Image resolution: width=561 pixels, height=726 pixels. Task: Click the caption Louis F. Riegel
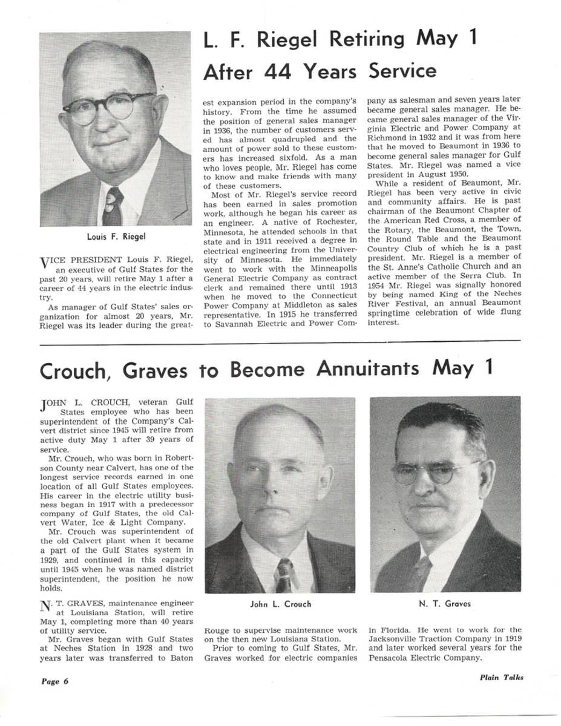coord(116,236)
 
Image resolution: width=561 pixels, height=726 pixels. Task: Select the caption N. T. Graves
coord(444,603)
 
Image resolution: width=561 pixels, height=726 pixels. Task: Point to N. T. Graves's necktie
coord(421,572)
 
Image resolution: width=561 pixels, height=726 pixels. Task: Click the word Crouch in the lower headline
coord(76,369)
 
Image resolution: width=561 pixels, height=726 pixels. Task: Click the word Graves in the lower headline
coord(158,369)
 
